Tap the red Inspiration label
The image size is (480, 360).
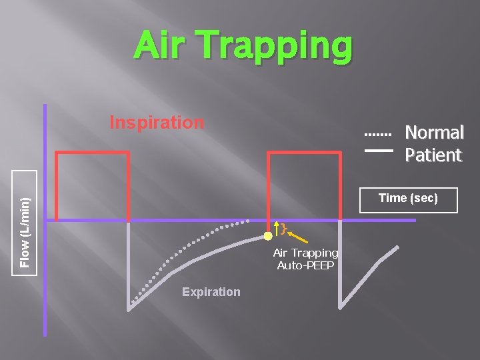[x=157, y=123]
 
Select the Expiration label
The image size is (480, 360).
[x=211, y=292]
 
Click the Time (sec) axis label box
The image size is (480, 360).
[x=408, y=199]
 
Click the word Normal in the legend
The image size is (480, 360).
[x=434, y=133]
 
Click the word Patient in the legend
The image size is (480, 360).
[x=433, y=156]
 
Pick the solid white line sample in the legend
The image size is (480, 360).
[x=378, y=151]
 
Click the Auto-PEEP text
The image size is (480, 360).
[x=305, y=265]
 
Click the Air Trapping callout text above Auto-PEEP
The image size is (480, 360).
[x=305, y=253]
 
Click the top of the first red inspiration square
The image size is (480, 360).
[x=92, y=153]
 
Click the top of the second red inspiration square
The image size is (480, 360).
[x=303, y=153]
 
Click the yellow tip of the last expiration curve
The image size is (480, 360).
[x=397, y=248]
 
